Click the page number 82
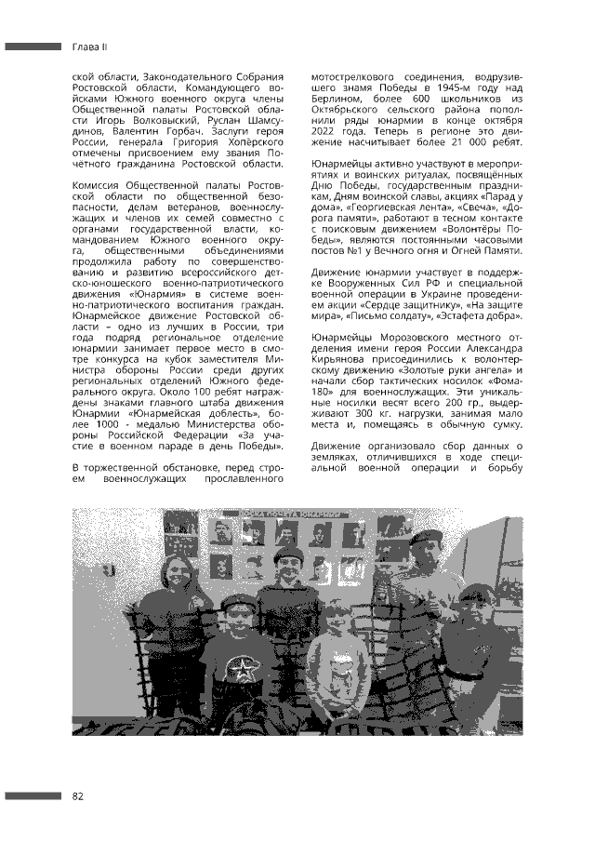point(77,795)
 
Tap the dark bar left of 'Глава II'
point(33,46)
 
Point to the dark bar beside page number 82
point(33,795)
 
